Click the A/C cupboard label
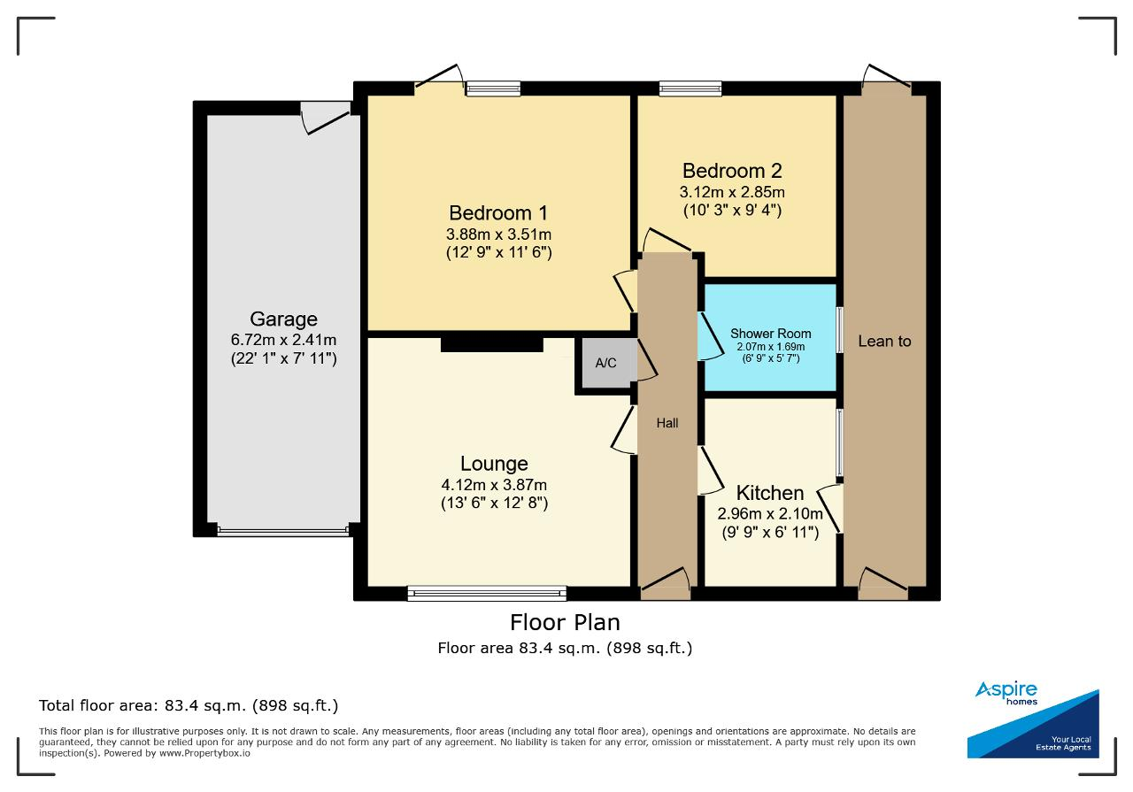coord(605,363)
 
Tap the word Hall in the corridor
coord(667,423)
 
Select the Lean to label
coord(884,342)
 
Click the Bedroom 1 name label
coord(498,213)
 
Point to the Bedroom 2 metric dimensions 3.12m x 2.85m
coord(732,192)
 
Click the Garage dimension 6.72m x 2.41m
coord(284,339)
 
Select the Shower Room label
coord(770,334)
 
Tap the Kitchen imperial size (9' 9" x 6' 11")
coord(770,533)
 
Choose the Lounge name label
coord(494,464)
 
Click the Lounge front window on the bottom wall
coord(487,594)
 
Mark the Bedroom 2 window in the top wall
coord(690,88)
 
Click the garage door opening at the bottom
coord(283,531)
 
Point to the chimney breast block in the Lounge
coord(491,345)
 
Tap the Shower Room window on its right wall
coord(839,329)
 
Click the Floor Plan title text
coord(565,623)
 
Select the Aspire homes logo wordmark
coord(1006,694)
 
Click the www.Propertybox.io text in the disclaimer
coord(204,753)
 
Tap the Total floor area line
coord(189,705)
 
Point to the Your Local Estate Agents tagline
coord(1063,743)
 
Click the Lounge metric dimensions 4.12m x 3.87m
coord(494,485)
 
